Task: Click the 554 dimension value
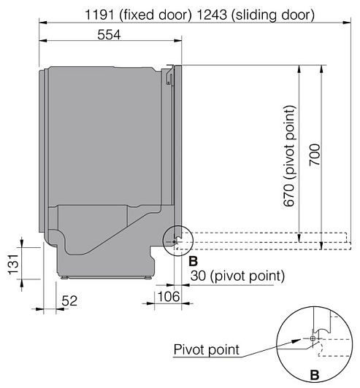(109, 35)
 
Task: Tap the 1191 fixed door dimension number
(99, 15)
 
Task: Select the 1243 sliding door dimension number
(212, 15)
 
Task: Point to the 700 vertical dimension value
(315, 155)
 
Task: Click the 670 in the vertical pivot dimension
(289, 195)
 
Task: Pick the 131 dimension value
(14, 264)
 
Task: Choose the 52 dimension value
(69, 301)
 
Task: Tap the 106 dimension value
(169, 296)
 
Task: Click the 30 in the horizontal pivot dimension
(198, 276)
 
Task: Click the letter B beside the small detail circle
(194, 261)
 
